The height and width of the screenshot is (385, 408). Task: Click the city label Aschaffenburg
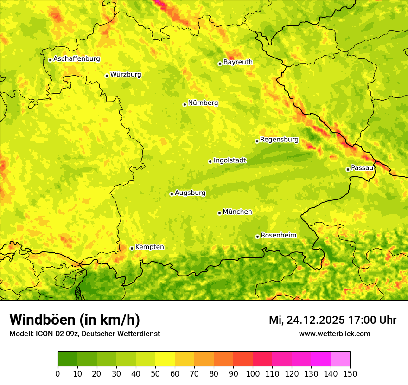pyautogui.click(x=76, y=59)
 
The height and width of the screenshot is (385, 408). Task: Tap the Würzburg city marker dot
pyautogui.click(x=107, y=76)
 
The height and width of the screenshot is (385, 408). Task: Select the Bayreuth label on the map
pyautogui.click(x=238, y=62)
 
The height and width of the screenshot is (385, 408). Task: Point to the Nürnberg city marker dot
pyautogui.click(x=185, y=104)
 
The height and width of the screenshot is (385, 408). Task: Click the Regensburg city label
pyautogui.click(x=279, y=140)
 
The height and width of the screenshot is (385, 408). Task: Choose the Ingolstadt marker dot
pyautogui.click(x=210, y=161)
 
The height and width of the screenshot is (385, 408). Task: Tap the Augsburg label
pyautogui.click(x=190, y=193)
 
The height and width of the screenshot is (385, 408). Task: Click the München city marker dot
pyautogui.click(x=219, y=213)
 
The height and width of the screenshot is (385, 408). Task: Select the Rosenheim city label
pyautogui.click(x=278, y=236)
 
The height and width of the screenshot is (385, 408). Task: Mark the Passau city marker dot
pyautogui.click(x=348, y=169)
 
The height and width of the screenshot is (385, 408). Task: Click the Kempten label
pyautogui.click(x=149, y=247)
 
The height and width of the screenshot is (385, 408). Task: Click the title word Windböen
pyautogui.click(x=42, y=320)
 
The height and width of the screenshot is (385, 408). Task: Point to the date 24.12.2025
pyautogui.click(x=315, y=320)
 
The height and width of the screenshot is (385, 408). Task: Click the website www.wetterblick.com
pyautogui.click(x=334, y=334)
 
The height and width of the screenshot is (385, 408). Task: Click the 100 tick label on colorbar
pyautogui.click(x=253, y=373)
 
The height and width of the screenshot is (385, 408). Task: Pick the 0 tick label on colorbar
pyautogui.click(x=58, y=373)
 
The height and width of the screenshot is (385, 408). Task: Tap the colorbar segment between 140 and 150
pyautogui.click(x=340, y=359)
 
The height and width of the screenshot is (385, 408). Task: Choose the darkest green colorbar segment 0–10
pyautogui.click(x=68, y=359)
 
